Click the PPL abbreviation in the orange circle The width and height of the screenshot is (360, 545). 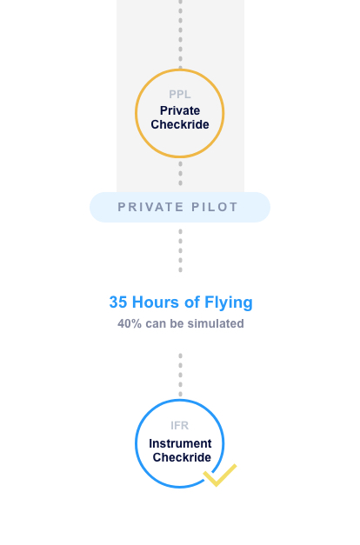(x=179, y=94)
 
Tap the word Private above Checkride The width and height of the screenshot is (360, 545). (x=180, y=110)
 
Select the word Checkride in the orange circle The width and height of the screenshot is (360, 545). (x=180, y=124)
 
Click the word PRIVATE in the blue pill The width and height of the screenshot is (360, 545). (x=150, y=207)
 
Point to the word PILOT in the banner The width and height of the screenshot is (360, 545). (x=215, y=207)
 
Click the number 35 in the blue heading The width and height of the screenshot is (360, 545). (x=118, y=302)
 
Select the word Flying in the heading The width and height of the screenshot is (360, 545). (x=228, y=302)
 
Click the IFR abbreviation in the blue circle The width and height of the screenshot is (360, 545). (x=179, y=425)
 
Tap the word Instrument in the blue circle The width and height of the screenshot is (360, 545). (x=180, y=443)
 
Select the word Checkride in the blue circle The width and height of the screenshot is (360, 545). (x=182, y=457)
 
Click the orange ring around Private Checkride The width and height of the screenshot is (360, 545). (x=136, y=113)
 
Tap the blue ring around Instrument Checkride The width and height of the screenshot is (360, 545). (x=136, y=443)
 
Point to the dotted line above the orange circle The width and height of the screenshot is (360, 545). (x=180, y=34)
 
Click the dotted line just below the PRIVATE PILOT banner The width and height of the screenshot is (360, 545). (x=180, y=250)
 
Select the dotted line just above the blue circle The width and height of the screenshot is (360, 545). (x=180, y=375)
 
